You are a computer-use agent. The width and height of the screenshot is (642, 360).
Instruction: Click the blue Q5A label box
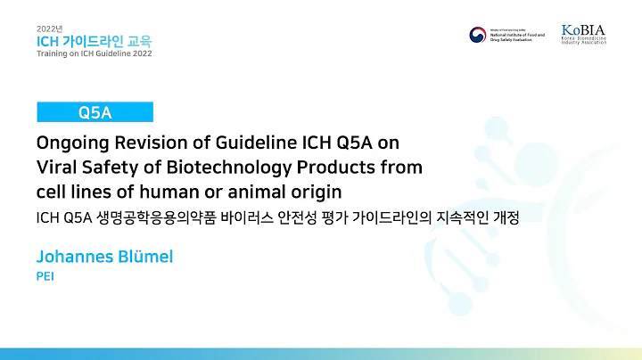pyautogui.click(x=95, y=111)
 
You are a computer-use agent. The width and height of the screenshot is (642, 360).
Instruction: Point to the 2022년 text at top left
pyautogui.click(x=50, y=28)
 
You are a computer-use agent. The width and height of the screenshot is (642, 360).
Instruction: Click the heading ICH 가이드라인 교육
pyautogui.click(x=93, y=41)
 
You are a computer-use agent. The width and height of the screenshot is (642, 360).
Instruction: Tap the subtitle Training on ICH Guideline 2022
pyautogui.click(x=95, y=53)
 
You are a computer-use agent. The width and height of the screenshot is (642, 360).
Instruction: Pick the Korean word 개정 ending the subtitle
pyautogui.click(x=504, y=217)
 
